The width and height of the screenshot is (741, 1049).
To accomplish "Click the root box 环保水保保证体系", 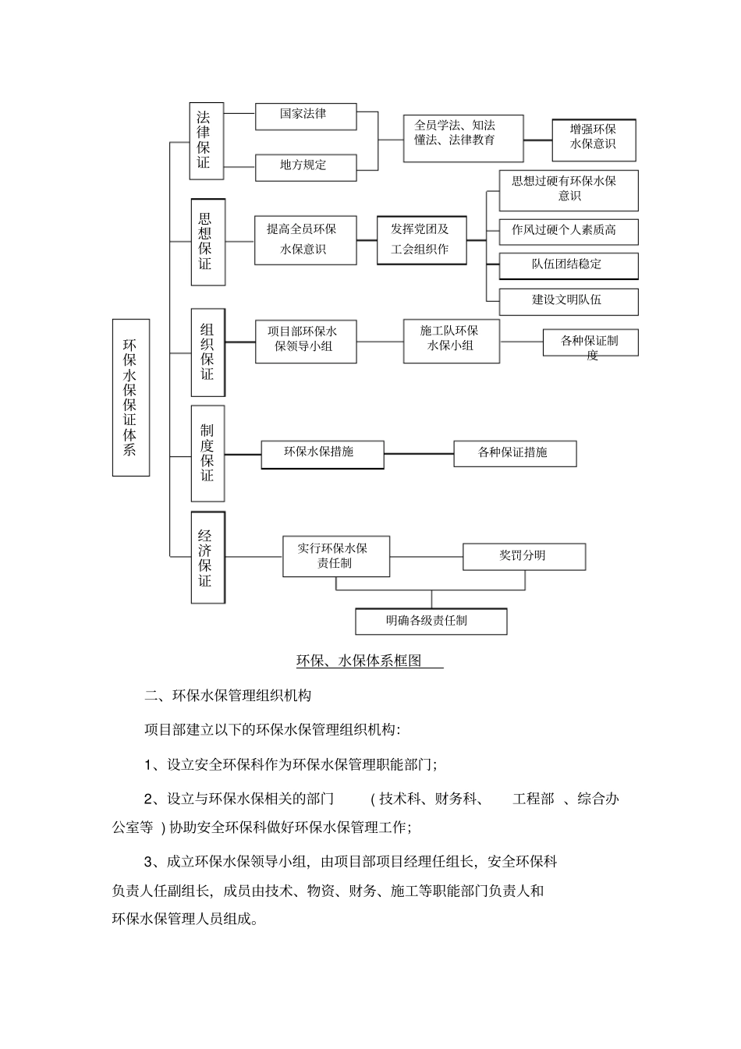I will pos(130,397).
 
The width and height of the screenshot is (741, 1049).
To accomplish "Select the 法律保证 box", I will pos(206,141).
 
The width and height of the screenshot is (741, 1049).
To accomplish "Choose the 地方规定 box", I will pos(305,167).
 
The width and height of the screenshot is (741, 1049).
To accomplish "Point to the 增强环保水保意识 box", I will pos(594,140).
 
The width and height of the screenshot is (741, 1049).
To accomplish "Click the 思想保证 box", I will pos(207,242).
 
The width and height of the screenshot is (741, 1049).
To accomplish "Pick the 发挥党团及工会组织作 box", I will pos(421,240).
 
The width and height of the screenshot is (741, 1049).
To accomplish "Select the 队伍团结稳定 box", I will pos(568,265).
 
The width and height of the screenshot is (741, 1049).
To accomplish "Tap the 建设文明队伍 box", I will pos(568,301).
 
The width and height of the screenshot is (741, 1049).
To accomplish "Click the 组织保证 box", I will pos(207,352).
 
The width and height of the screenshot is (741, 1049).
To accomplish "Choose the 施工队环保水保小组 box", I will pos(451,340).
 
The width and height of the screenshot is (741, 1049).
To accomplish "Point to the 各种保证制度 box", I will pos(590,343).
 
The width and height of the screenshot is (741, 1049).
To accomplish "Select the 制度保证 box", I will pos(207,453).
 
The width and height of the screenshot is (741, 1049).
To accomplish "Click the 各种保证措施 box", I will pos(515,453).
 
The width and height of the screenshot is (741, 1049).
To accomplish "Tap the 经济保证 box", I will pos(207,557).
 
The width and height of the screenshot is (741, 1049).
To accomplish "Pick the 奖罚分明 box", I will pos(523,556).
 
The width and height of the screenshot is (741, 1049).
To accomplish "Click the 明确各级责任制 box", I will pos(431,622).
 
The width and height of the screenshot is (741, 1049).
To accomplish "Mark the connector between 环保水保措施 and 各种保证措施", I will pos(419,453).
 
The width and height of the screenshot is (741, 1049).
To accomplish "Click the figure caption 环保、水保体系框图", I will pos(360,661).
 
